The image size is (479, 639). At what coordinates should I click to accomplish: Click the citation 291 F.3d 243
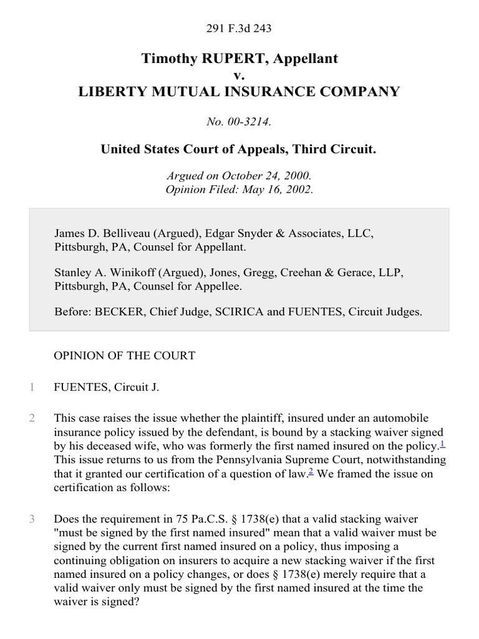tap(239, 29)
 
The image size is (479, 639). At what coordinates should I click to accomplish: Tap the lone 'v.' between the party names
tap(239, 76)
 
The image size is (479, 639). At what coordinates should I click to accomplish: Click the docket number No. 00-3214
tap(239, 122)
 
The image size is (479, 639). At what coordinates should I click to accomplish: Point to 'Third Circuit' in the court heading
tap(338, 150)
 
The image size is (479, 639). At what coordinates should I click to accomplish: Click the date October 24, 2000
tap(268, 177)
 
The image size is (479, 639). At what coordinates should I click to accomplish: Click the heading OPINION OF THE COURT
tap(125, 356)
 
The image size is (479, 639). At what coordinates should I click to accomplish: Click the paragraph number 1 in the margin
tap(31, 388)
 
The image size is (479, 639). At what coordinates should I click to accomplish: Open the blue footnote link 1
tap(442, 444)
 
